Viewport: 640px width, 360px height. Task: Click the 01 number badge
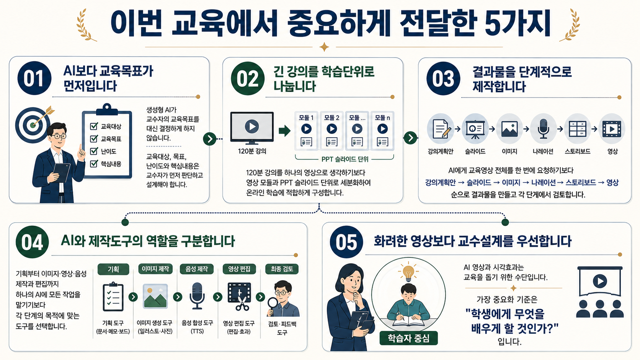[34, 78]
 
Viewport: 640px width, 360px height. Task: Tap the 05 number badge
[346, 242]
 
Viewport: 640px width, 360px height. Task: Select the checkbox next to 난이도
[94, 151]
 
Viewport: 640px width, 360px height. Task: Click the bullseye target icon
[33, 125]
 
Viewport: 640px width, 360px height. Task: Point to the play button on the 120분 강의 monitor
[252, 127]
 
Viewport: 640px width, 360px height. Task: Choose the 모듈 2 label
[331, 117]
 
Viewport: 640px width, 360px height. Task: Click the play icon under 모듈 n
[382, 129]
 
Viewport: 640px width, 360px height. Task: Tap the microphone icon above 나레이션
[543, 129]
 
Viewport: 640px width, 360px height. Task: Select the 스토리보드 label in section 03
[578, 151]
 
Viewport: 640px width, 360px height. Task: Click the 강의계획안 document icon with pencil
[441, 129]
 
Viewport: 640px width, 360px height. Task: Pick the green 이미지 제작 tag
[155, 269]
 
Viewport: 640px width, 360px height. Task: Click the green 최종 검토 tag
[282, 269]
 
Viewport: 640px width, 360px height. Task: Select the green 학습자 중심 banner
[408, 338]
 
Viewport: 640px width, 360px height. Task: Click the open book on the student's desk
[408, 321]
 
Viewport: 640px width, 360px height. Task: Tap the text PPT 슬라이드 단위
[345, 159]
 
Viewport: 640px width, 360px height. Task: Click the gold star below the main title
[324, 47]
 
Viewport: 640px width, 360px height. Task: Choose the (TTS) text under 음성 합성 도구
[197, 331]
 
